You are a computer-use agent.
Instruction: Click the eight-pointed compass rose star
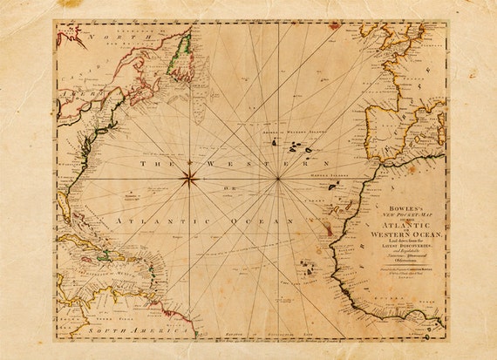click(x=188, y=180)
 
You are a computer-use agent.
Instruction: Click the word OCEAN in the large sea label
click(x=270, y=222)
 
